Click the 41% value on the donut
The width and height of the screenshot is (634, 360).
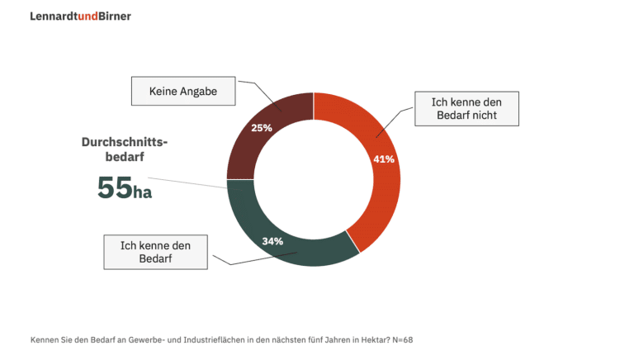pyautogui.click(x=383, y=159)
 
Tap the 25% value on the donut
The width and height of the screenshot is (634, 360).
pyautogui.click(x=262, y=128)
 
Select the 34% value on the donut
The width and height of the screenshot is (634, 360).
pyautogui.click(x=272, y=241)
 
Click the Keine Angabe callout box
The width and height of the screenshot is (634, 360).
pyautogui.click(x=183, y=92)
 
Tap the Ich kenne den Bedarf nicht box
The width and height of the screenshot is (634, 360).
pyautogui.click(x=467, y=108)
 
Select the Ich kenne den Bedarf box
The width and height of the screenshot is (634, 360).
pyautogui.click(x=155, y=252)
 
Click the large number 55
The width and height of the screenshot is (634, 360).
pyautogui.click(x=115, y=188)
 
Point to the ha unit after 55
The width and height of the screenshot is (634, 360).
pyautogui.click(x=143, y=192)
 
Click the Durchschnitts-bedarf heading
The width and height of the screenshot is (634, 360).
pyautogui.click(x=124, y=149)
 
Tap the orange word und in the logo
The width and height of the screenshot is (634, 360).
pyautogui.click(x=87, y=16)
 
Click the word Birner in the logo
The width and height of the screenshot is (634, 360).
pyautogui.click(x=115, y=16)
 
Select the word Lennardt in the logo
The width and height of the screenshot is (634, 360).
pyautogui.click(x=53, y=16)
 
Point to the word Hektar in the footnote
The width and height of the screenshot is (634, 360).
pyautogui.click(x=369, y=339)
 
